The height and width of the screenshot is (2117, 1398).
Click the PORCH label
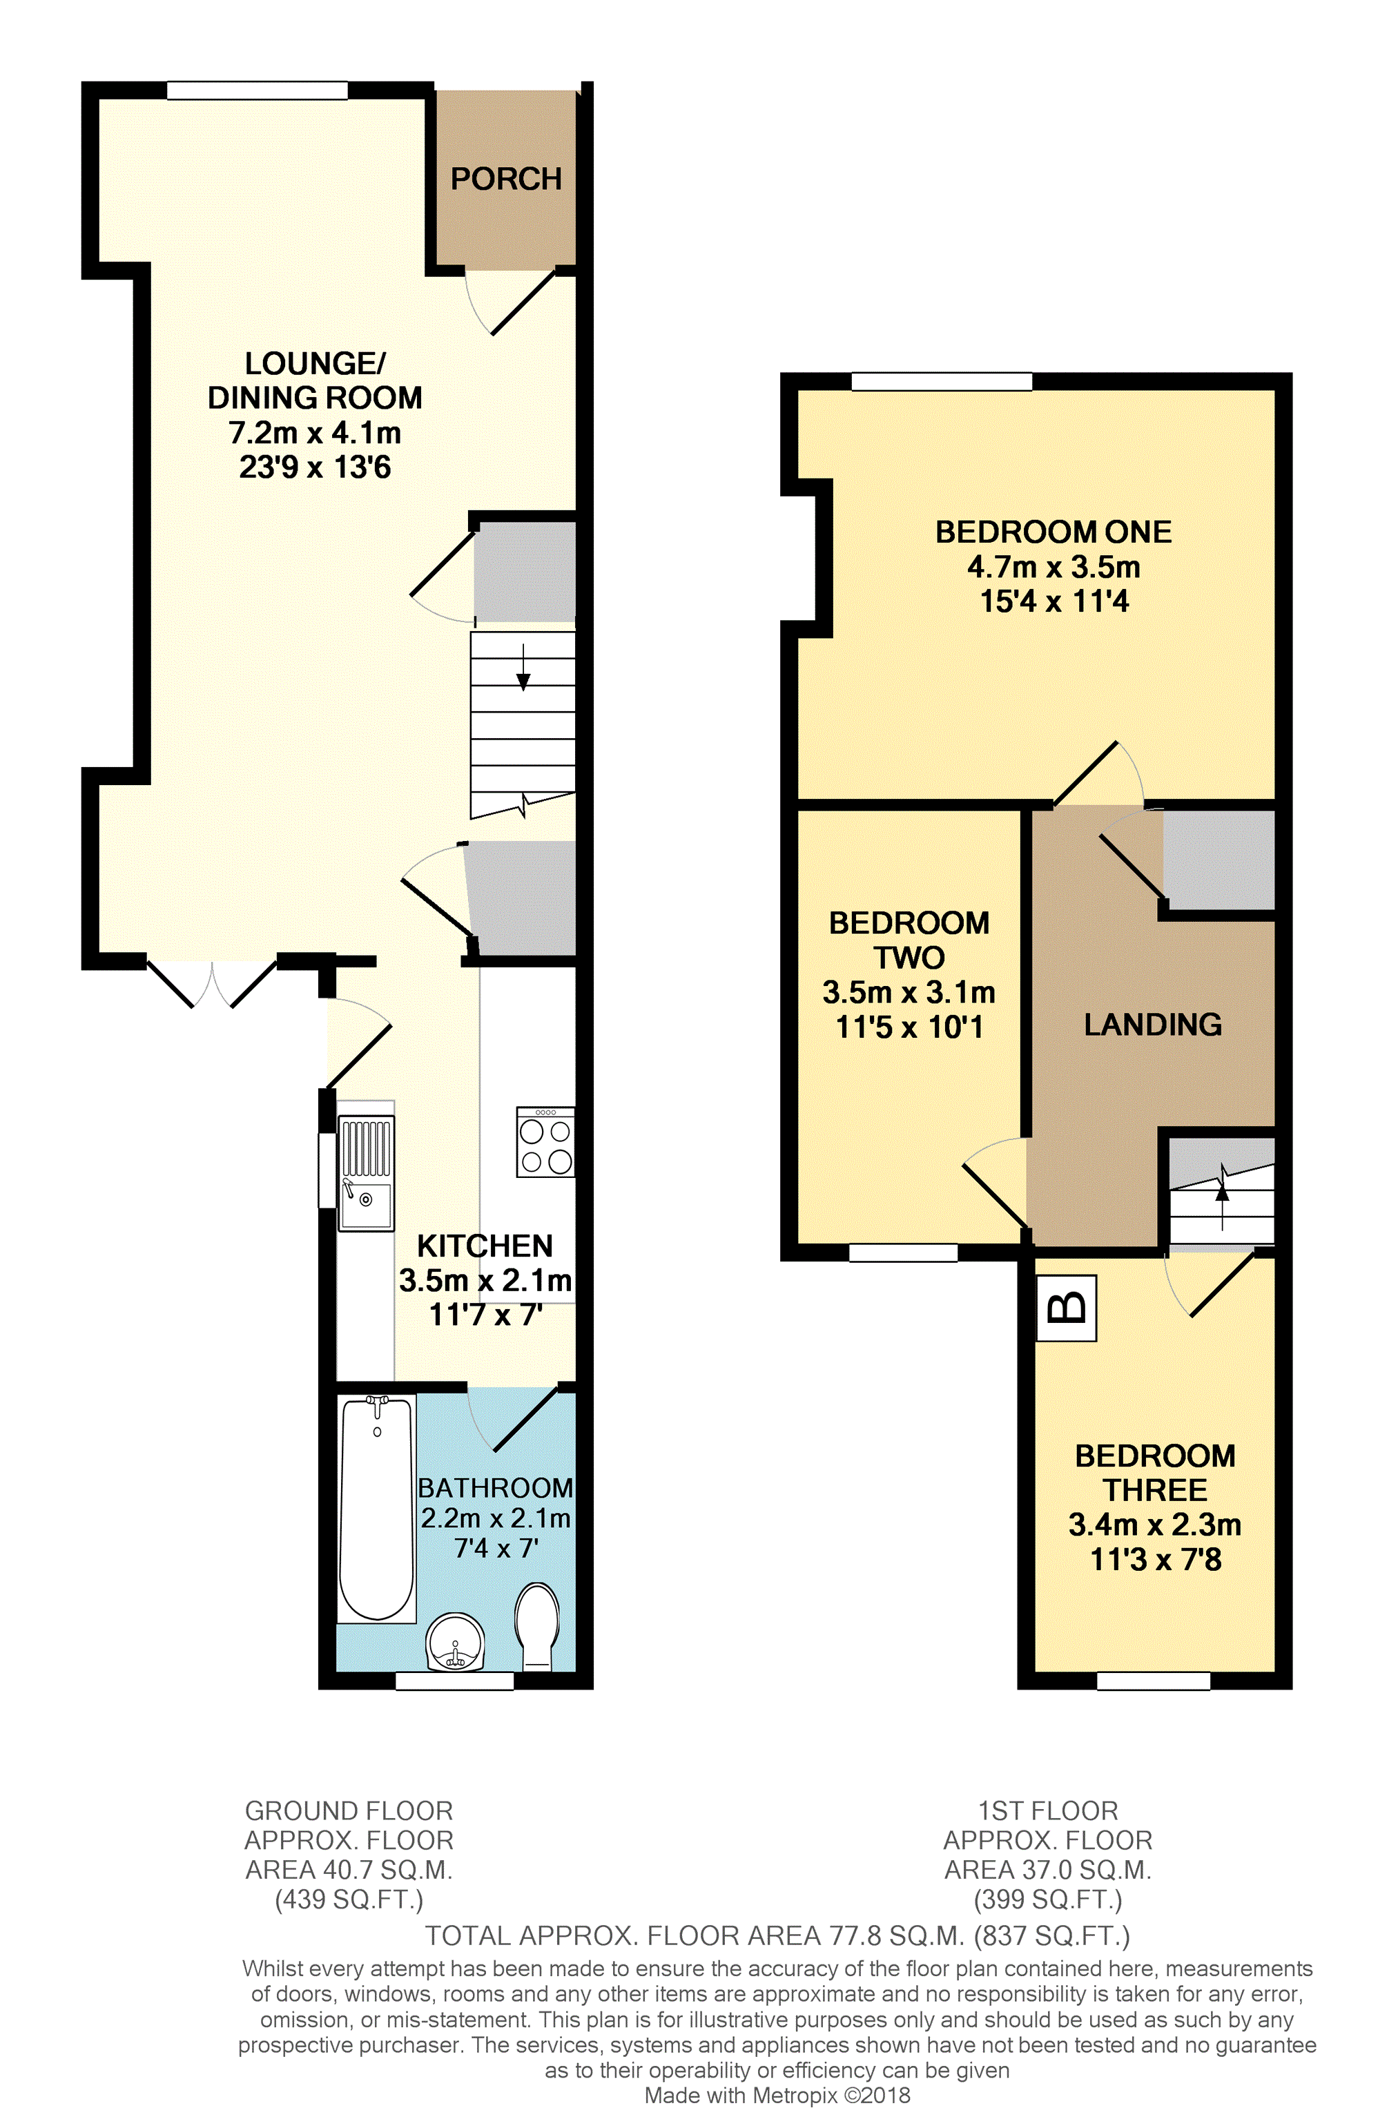[505, 180]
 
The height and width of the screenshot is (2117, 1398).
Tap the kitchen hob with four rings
[545, 1142]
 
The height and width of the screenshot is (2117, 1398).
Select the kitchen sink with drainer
[365, 1172]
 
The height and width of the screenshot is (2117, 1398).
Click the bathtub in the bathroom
[377, 1508]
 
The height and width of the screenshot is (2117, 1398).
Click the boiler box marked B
[1067, 1308]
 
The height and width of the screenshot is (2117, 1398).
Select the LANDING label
[1153, 1025]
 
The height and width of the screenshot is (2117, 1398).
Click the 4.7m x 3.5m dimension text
[1054, 566]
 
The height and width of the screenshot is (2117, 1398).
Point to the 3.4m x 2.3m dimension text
[1156, 1524]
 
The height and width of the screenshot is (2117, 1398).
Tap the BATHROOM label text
[496, 1487]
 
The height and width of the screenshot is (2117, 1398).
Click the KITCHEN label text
[485, 1246]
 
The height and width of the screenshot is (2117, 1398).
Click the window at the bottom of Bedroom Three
[1154, 1681]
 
